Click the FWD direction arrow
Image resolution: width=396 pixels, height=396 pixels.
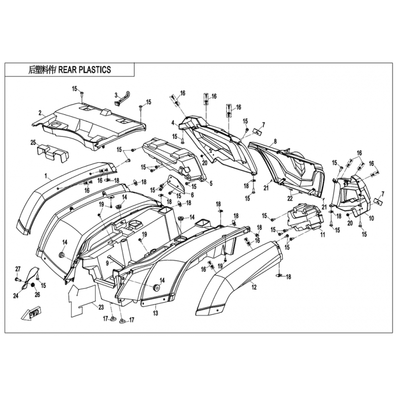point(32,314)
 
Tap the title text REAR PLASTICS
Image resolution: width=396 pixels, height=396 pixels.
point(85,70)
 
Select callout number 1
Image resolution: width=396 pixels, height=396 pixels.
point(46,176)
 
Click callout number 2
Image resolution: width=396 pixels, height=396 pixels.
point(40,113)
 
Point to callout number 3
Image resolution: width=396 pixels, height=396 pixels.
point(116,95)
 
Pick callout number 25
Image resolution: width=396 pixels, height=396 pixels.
point(33,143)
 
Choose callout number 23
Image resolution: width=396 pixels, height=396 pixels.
point(101,307)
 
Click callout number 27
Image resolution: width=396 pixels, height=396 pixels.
point(18,269)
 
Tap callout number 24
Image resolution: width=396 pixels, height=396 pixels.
point(16,295)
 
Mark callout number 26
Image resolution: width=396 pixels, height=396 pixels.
point(37,295)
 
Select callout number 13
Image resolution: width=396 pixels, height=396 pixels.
point(155,313)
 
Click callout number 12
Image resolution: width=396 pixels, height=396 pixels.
point(254,287)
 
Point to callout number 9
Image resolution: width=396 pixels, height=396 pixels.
point(107,263)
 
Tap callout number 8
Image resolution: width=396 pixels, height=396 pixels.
point(275,141)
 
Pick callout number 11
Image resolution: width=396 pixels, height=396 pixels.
point(323,235)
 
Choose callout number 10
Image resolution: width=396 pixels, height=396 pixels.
point(371,218)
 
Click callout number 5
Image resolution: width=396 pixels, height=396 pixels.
point(211,183)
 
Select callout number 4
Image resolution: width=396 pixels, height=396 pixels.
point(173,123)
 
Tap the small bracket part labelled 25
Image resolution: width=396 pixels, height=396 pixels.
point(53,152)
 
